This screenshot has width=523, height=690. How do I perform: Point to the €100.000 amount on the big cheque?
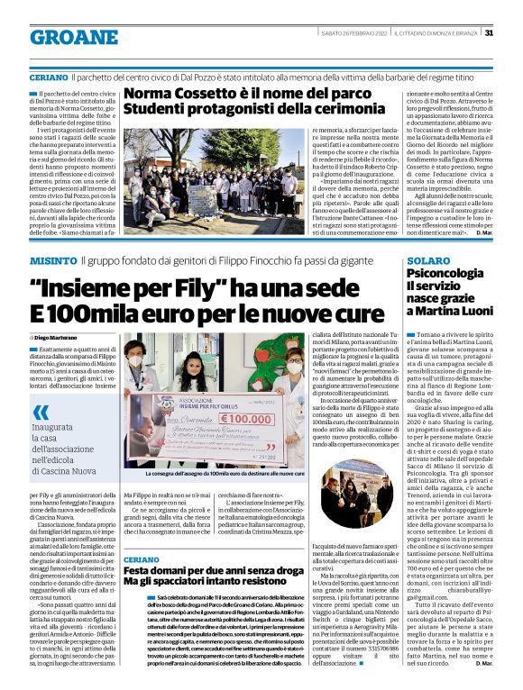coord(244,419)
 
